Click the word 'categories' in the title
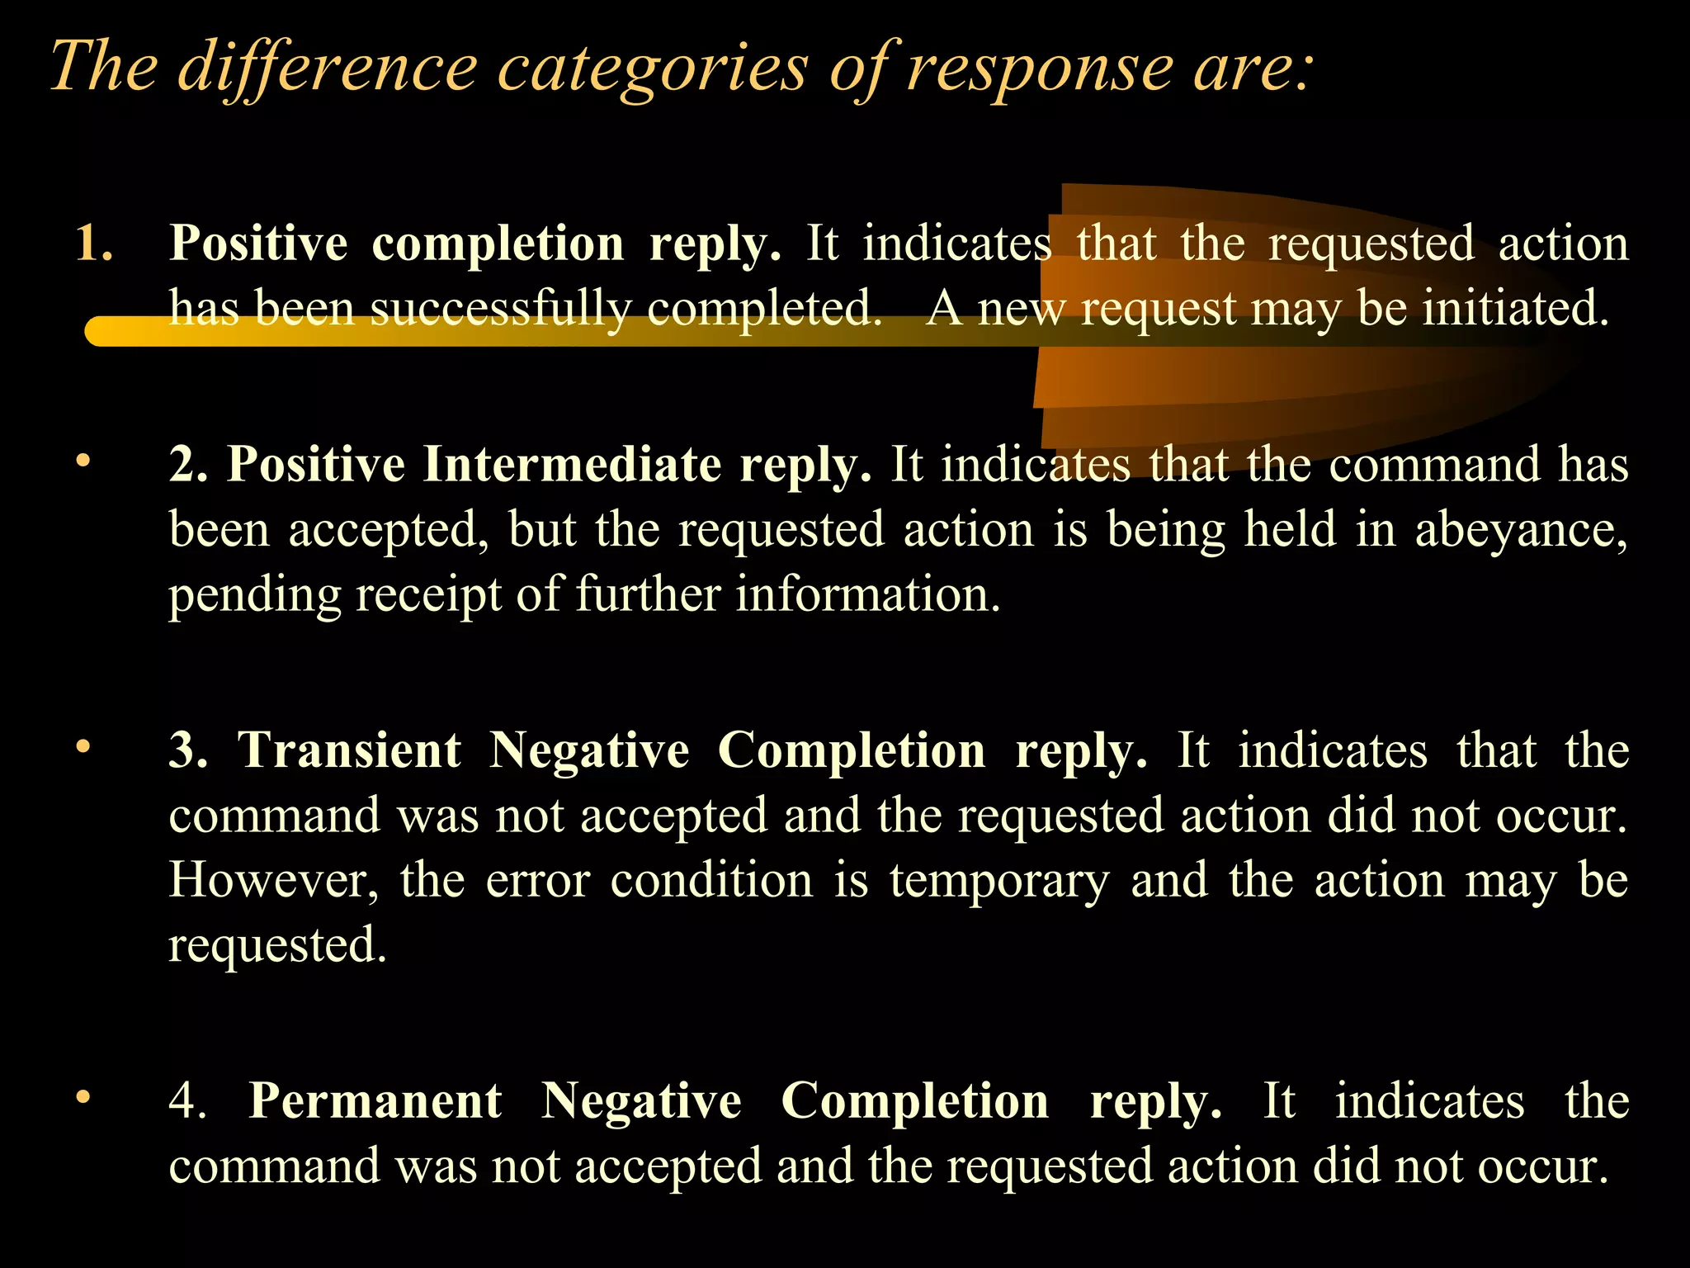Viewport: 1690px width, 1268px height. point(652,68)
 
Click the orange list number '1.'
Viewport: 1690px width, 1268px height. point(94,244)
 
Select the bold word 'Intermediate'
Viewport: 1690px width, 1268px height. point(573,464)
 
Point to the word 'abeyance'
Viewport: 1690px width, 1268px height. point(1520,530)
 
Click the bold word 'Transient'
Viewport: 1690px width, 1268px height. point(349,750)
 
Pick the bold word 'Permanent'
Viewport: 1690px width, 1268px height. point(375,1101)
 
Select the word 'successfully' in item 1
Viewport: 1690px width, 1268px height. point(500,310)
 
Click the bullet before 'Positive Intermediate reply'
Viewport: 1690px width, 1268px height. point(82,462)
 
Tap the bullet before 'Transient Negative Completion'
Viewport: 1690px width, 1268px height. point(82,747)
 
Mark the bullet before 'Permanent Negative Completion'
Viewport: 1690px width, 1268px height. point(82,1098)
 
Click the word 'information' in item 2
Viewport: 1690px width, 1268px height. point(867,594)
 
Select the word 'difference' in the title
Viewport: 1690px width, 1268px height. point(328,68)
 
